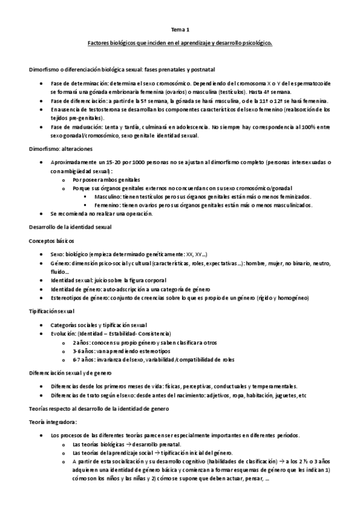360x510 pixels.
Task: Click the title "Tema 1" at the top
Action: [x=180, y=29]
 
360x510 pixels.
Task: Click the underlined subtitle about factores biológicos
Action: [x=180, y=43]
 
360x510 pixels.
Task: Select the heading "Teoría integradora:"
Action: [x=53, y=422]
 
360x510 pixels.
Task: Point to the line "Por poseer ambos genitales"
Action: [x=105, y=179]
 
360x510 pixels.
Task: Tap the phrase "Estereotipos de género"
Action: [x=79, y=298]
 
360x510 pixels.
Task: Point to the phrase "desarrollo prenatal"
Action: [x=142, y=444]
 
